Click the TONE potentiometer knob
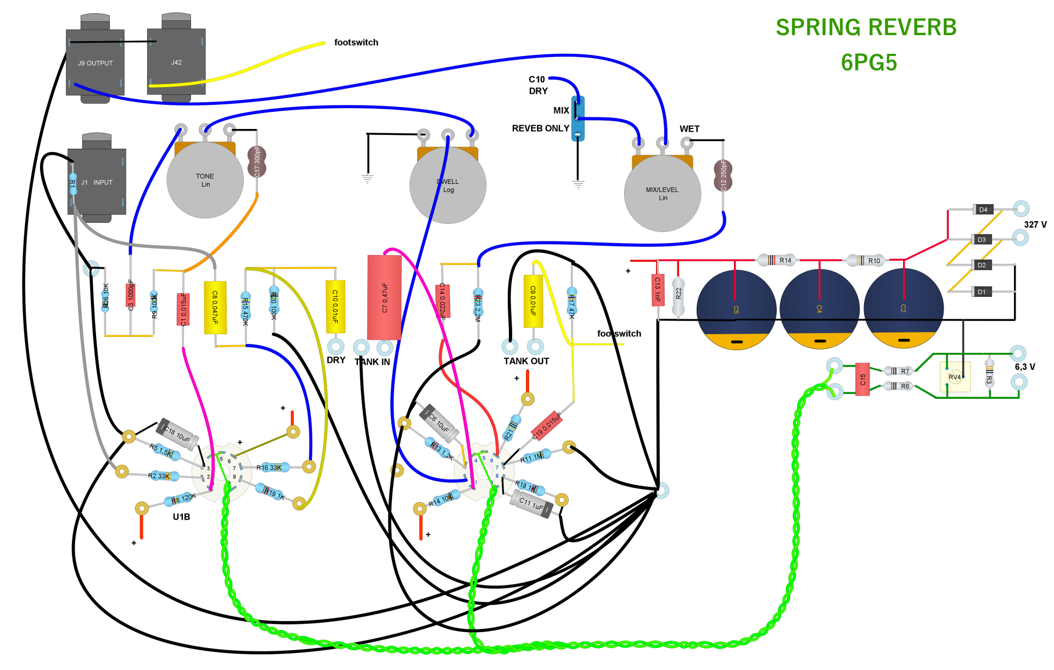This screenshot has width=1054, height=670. click(x=205, y=180)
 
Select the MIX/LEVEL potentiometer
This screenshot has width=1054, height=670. click(x=662, y=193)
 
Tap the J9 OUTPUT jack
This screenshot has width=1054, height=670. click(x=95, y=63)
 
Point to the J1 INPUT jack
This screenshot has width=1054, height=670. click(x=97, y=182)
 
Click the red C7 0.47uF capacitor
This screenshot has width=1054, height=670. click(x=384, y=297)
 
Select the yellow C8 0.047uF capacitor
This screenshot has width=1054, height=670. click(x=215, y=307)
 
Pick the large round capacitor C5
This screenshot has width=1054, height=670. click(x=736, y=309)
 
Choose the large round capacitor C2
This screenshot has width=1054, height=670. click(x=903, y=308)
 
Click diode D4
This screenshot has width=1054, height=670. click(x=983, y=210)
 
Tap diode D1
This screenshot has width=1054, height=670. click(x=981, y=292)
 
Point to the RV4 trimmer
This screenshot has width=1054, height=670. click(x=955, y=377)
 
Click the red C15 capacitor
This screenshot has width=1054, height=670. click(x=862, y=379)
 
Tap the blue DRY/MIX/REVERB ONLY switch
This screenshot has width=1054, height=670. click(x=578, y=119)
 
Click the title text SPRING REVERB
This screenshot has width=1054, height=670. click(x=866, y=27)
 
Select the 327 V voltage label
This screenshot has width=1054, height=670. click(x=1035, y=224)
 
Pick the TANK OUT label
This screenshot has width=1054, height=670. click(x=526, y=361)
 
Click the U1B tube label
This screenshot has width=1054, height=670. click(x=181, y=517)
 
